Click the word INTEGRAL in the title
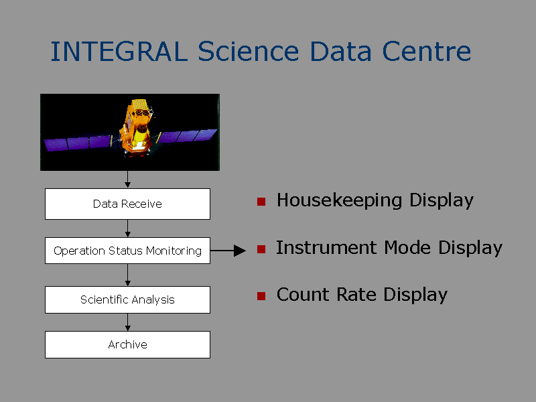coord(119,52)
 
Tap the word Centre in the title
coord(426,52)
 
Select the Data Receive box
coord(127,204)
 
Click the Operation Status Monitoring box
coord(127,251)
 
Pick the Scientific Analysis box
coord(127,299)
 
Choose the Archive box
coord(127,344)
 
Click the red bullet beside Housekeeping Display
coord(261,202)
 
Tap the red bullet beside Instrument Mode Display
coord(261,249)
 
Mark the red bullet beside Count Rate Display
coord(261,296)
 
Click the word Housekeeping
coord(339,200)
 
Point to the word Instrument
coord(326,247)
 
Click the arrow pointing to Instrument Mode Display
coord(228,251)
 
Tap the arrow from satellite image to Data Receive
coord(127,179)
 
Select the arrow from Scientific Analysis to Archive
coord(127,322)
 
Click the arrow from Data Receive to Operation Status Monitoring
coord(127,228)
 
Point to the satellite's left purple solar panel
coord(78,143)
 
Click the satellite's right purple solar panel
coord(188,136)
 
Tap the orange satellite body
coord(136,127)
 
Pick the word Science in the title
coord(249,52)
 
